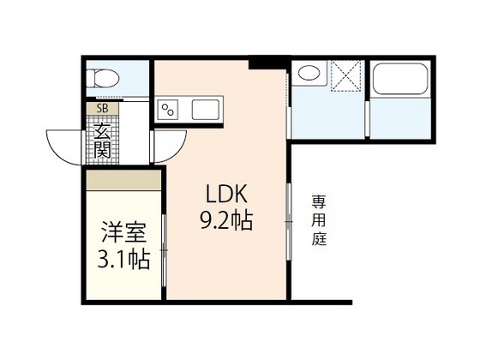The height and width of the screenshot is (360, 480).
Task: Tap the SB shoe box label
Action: click(102, 109)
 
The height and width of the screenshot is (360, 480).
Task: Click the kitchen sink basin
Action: click(206, 109)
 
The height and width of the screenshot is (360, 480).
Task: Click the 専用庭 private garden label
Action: click(319, 221)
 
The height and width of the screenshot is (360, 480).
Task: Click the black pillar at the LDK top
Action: click(267, 63)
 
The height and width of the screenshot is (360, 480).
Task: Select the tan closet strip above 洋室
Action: click(123, 180)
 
